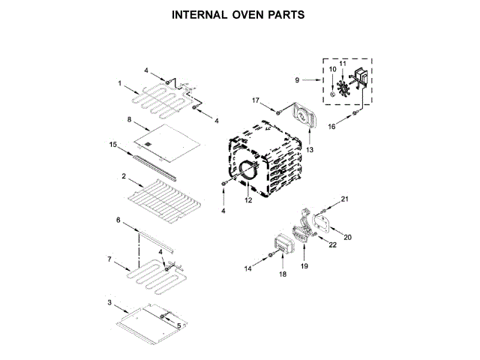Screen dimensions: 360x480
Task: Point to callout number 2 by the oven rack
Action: pos(122,176)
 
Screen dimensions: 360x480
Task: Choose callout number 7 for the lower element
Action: pos(110,259)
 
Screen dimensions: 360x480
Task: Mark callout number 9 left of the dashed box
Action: pos(297,79)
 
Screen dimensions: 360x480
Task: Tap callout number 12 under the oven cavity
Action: pos(248,200)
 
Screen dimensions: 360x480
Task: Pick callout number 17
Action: pos(256,100)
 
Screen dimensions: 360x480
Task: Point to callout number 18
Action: pos(283,274)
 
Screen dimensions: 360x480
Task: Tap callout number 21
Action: pos(345,199)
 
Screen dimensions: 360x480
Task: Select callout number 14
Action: pos(247,268)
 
